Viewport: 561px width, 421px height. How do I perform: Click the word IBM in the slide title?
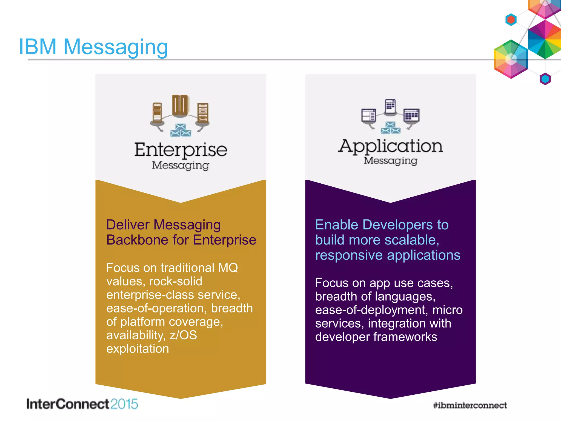38,47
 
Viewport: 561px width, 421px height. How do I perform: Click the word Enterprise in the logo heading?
181,150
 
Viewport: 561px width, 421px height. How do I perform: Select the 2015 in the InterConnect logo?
124,404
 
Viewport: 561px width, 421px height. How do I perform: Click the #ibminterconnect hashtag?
470,405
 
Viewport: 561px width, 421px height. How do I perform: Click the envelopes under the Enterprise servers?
181,130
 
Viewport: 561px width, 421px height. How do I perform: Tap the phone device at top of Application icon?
390,106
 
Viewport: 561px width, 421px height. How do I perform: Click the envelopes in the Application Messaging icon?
390,128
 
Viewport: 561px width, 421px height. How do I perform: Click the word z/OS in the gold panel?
183,335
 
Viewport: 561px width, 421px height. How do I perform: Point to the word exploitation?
138,349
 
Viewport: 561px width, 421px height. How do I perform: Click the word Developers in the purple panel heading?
398,225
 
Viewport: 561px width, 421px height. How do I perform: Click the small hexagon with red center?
511,19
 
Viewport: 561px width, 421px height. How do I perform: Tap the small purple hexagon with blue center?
545,79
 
